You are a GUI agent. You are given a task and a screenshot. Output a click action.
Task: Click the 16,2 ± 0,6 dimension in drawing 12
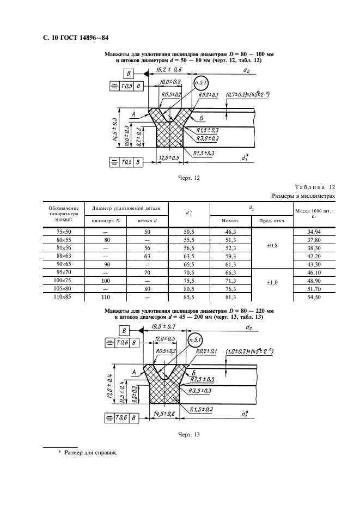169,70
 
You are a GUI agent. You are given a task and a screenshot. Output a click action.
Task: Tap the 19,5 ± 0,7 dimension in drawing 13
163,326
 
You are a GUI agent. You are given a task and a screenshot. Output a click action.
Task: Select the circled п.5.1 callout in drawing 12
200,83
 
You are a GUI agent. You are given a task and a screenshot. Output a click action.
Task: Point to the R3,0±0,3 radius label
207,138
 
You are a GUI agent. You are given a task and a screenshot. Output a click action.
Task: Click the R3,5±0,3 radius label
200,391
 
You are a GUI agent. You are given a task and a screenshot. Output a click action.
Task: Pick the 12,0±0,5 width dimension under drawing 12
169,158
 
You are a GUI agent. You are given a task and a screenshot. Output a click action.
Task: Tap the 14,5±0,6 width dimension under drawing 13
164,414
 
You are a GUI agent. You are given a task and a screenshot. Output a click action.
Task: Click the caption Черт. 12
189,178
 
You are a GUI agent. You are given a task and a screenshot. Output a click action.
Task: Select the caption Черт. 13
189,435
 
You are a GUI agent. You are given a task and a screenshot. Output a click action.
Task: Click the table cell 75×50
64,232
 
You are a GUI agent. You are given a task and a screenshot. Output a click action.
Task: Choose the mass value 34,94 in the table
314,232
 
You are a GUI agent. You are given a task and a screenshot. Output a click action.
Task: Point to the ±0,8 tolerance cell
272,246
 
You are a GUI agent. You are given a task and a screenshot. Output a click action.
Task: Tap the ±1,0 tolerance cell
272,283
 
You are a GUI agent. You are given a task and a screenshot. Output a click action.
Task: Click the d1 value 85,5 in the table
188,297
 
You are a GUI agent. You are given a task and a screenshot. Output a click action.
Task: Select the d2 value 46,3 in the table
230,232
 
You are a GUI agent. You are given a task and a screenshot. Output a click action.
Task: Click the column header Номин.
230,221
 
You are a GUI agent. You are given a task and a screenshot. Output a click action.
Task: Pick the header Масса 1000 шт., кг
314,214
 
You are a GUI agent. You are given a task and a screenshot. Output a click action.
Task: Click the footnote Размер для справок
91,452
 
